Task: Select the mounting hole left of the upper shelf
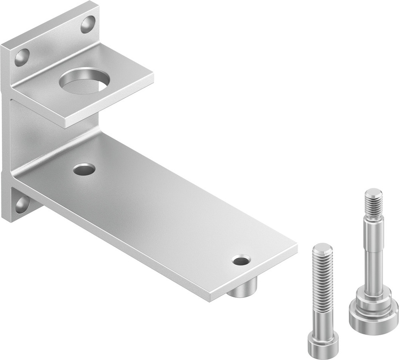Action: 22,57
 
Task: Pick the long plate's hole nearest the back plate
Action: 84,169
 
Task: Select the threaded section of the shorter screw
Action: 322,279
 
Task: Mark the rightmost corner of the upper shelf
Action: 153,74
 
